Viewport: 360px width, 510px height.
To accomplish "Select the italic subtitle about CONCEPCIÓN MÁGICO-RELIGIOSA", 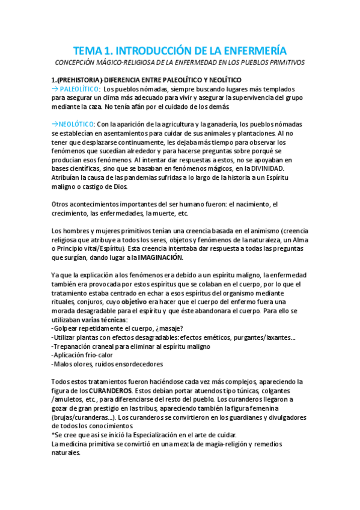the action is [180, 63].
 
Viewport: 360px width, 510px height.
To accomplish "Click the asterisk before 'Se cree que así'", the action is [53, 435].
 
